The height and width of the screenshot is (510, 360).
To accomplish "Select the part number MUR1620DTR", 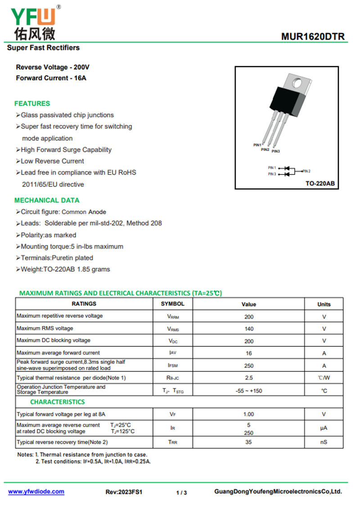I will (x=313, y=36).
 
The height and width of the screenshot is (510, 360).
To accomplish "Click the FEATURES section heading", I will (x=32, y=103).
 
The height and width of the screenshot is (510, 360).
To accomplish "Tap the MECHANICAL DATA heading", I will (x=47, y=200).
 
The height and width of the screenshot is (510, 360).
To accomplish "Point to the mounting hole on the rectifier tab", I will (x=297, y=82).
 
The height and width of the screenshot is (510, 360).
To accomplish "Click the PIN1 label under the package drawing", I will (x=257, y=145).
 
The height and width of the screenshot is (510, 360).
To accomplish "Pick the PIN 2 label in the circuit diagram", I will (x=306, y=171).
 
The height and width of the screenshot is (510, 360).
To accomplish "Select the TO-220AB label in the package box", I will (x=320, y=183).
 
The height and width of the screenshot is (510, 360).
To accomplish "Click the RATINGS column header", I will (x=84, y=304).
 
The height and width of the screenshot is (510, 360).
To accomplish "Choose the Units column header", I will (x=324, y=304).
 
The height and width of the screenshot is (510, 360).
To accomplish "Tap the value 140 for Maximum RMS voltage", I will (x=249, y=329).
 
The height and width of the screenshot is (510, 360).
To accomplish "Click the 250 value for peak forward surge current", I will (x=249, y=366).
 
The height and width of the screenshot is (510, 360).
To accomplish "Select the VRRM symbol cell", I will (x=173, y=317).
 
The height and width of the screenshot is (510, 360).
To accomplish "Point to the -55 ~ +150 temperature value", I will (x=249, y=391).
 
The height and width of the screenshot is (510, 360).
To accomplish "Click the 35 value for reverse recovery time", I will (x=249, y=442).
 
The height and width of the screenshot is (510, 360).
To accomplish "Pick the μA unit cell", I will (x=324, y=428).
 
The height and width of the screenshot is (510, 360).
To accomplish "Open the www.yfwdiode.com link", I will (x=36, y=492).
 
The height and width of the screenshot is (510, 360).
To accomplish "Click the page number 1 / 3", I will (x=181, y=492).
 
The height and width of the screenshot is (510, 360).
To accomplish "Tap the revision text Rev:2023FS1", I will (x=124, y=492).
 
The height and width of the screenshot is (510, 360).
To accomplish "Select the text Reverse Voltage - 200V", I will (x=53, y=67).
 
